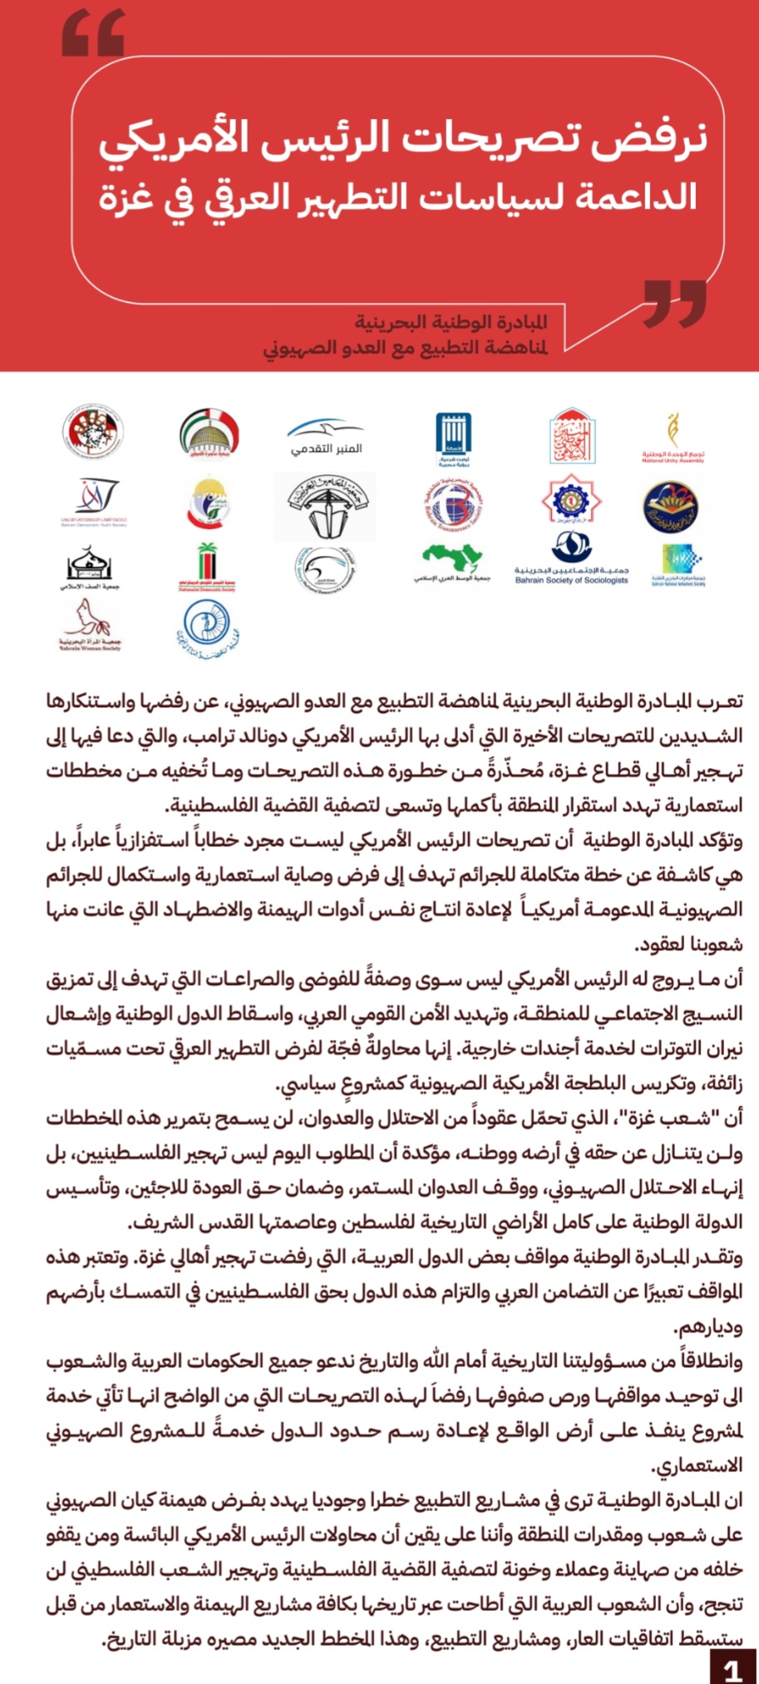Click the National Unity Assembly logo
coord(673,438)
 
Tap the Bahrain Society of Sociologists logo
coord(571,558)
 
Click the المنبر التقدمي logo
coord(326,438)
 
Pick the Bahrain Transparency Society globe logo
coord(453,503)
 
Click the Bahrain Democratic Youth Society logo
coord(94,503)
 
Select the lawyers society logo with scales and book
coord(326,506)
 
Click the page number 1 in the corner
coord(732,1667)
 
